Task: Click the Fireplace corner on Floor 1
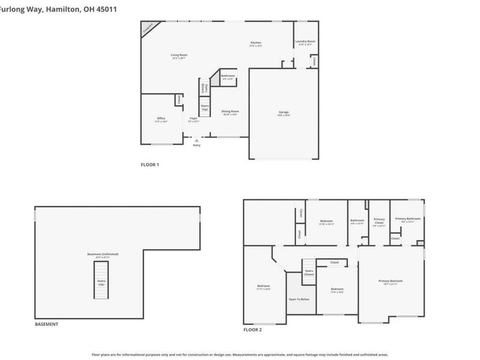(x=148, y=29)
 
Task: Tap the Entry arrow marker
(x=196, y=140)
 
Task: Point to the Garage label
(x=284, y=113)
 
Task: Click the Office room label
(x=161, y=119)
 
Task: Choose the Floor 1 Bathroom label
(x=228, y=77)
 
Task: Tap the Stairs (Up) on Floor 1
(x=205, y=108)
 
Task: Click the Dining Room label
(x=230, y=112)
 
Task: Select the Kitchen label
(x=256, y=43)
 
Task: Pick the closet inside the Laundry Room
(x=314, y=61)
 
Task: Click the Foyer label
(x=194, y=119)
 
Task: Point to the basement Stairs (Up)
(x=101, y=283)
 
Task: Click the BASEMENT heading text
(x=46, y=324)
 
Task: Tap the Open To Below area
(x=298, y=298)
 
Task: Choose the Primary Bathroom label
(x=407, y=220)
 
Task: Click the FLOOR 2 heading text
(x=252, y=329)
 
